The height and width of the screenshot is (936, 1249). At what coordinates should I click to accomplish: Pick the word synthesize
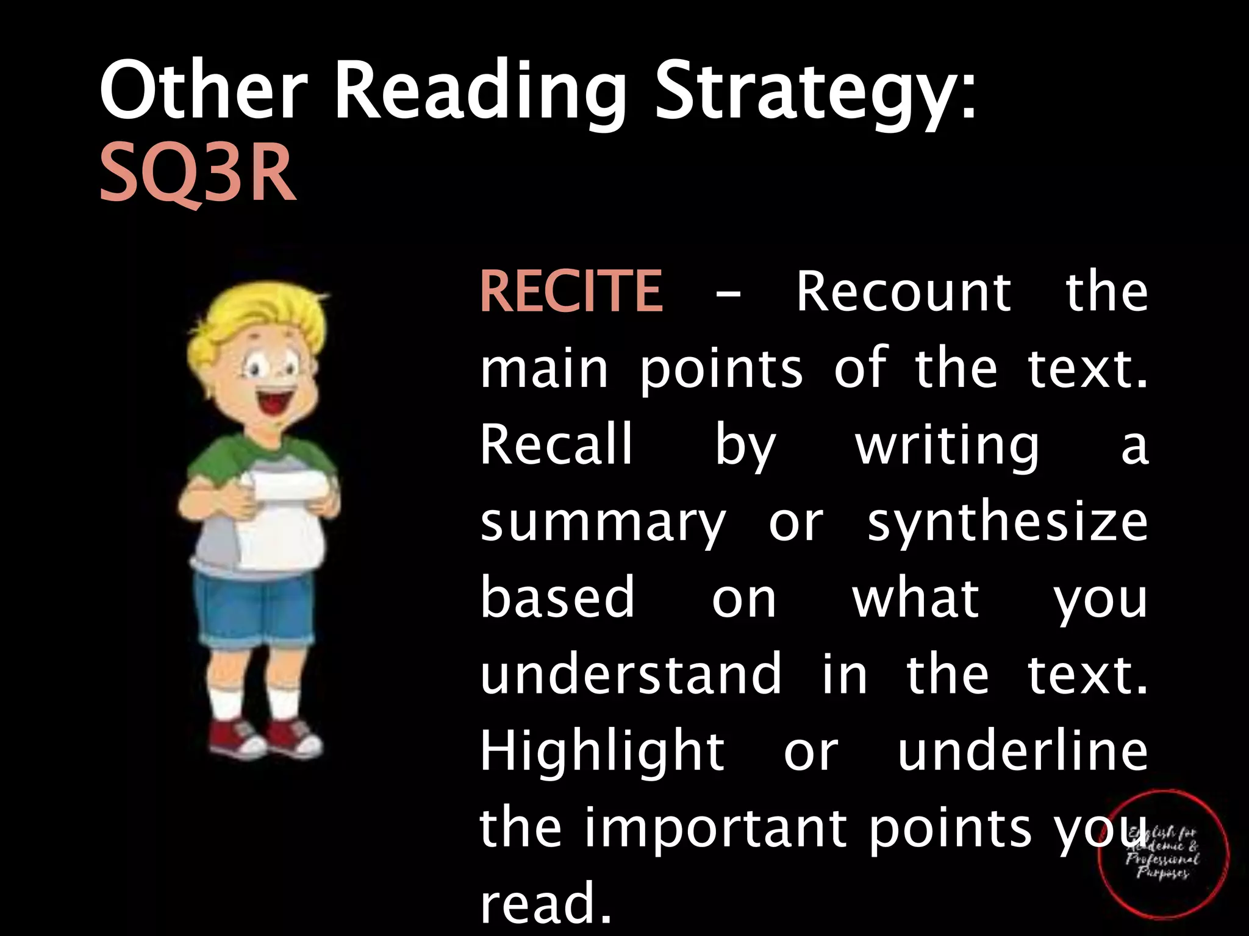(x=1007, y=523)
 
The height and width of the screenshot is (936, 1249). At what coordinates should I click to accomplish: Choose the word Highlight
(x=603, y=753)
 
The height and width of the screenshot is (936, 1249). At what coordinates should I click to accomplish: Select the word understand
(x=631, y=674)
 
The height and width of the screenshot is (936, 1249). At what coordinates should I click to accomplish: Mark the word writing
(x=947, y=446)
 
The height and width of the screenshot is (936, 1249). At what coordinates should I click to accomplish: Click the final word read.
(x=545, y=903)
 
